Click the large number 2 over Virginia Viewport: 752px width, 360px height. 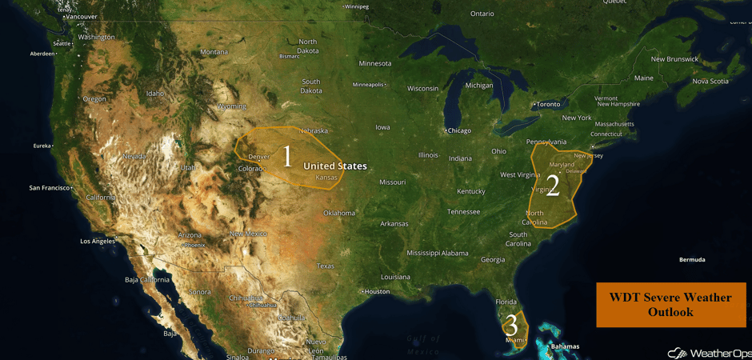tap(552, 186)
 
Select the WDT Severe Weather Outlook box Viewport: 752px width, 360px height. tap(670, 305)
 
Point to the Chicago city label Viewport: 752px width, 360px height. tap(459, 130)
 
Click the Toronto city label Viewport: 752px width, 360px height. tap(548, 104)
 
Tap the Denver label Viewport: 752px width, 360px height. tap(259, 157)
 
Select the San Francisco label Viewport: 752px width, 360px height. tap(50, 188)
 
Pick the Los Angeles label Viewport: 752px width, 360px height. tap(97, 241)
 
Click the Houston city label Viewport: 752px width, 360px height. tap(376, 291)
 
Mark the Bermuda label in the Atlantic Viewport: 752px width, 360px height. tap(692, 260)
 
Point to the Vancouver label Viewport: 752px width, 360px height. tap(81, 17)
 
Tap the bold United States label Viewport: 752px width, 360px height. tap(334, 166)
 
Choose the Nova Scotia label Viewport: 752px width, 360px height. tap(710, 81)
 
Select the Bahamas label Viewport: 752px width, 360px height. tap(565, 346)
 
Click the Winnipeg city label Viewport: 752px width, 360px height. tap(356, 6)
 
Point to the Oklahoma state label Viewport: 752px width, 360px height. tap(339, 213)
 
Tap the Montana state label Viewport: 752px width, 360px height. tap(214, 52)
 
